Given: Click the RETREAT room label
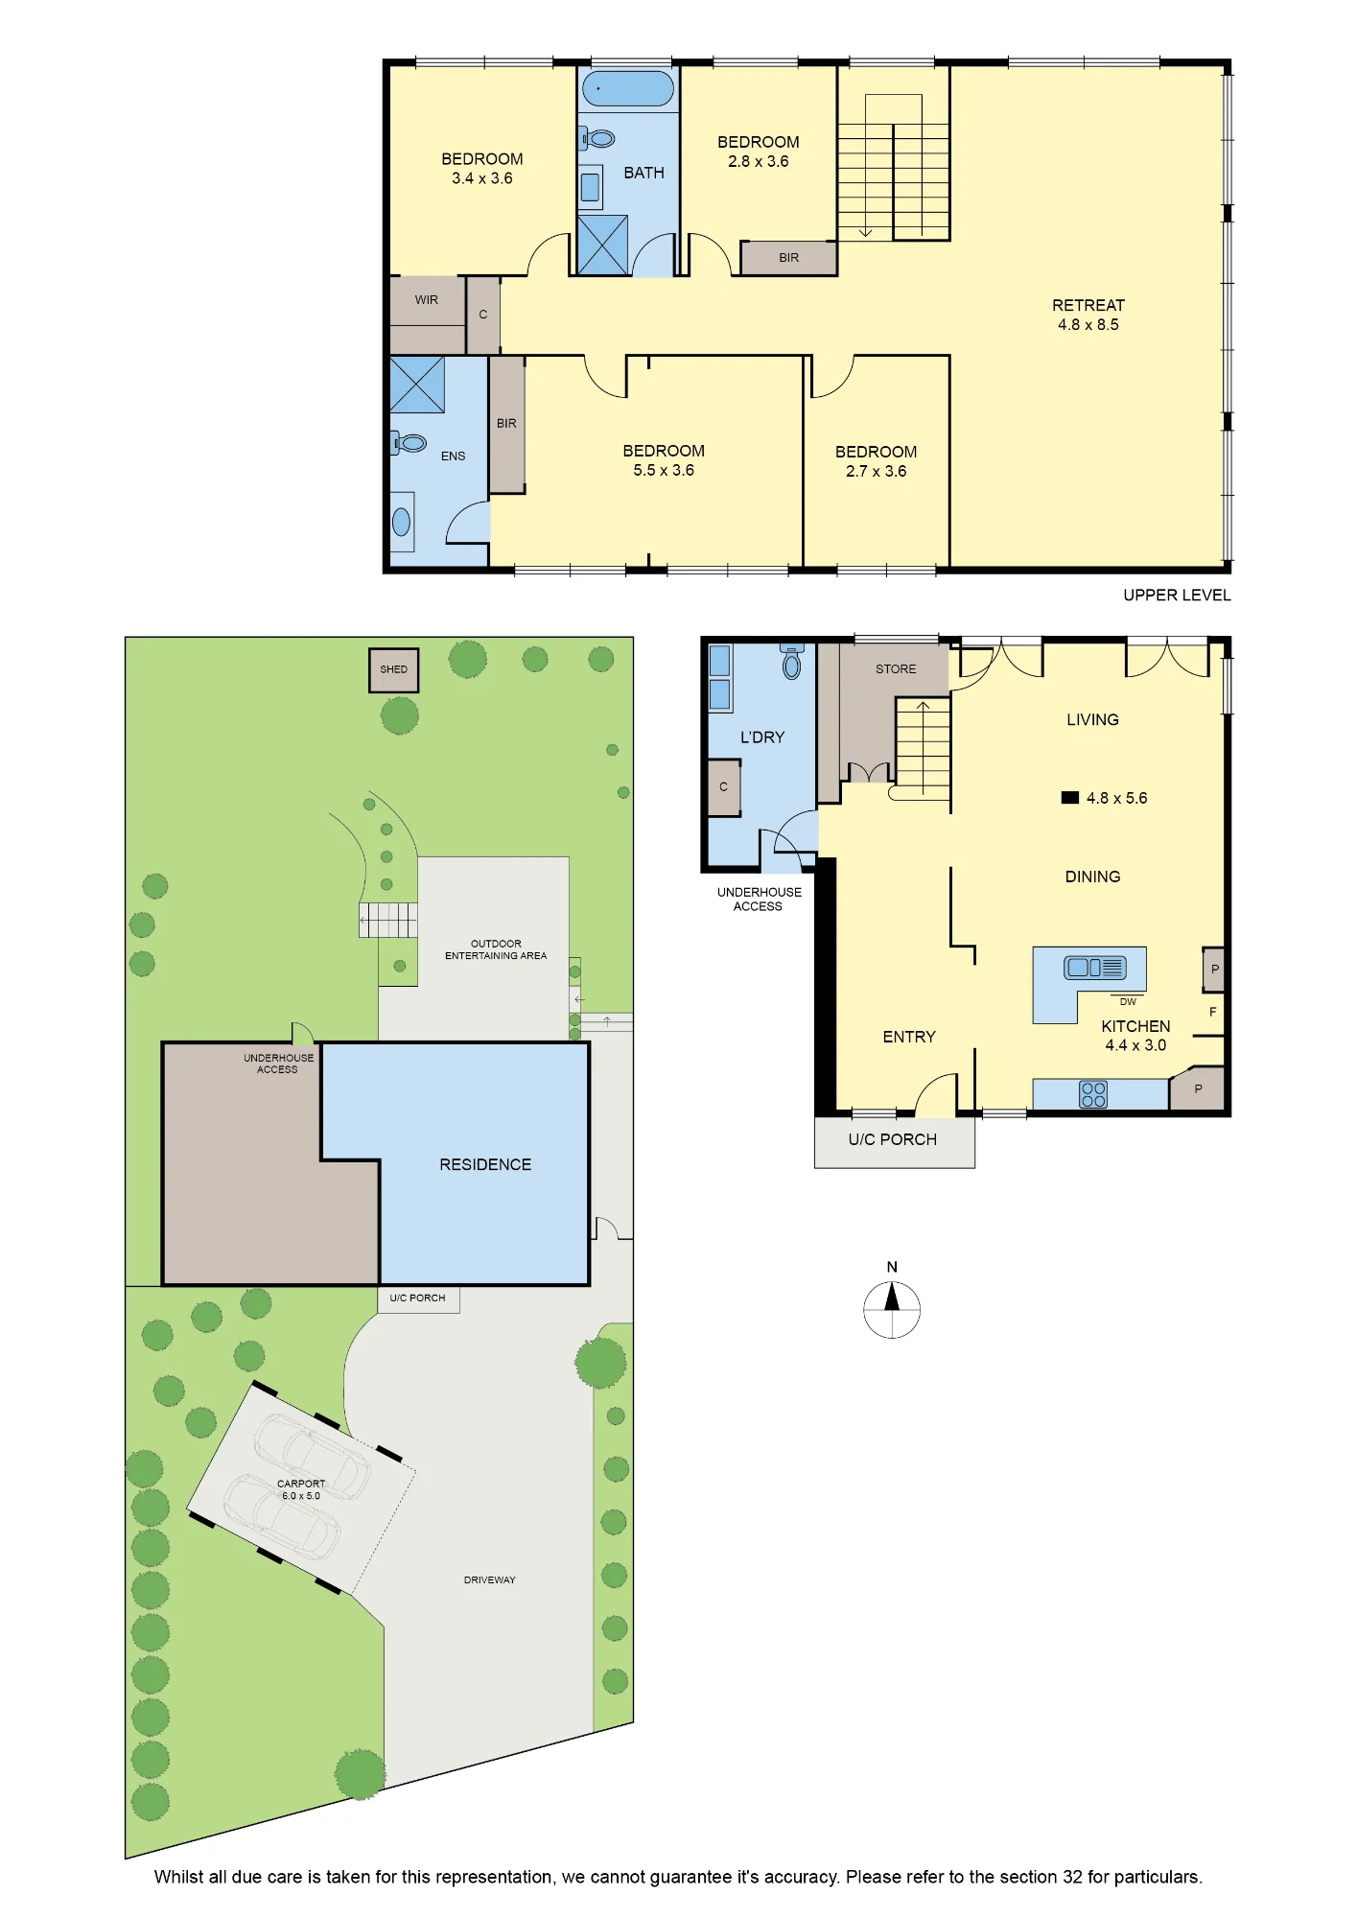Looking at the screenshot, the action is [x=1088, y=305].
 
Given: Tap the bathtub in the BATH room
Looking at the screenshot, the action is [x=628, y=89].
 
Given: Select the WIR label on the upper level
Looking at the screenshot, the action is [x=427, y=300].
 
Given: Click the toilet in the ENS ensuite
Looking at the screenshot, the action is [x=409, y=443].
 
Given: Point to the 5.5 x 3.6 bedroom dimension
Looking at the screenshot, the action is [x=664, y=470].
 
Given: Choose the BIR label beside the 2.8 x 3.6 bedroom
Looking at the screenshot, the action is [x=789, y=258].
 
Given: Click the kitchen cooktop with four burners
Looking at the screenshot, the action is [x=1093, y=1094].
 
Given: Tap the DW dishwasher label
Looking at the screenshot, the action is [x=1128, y=1001].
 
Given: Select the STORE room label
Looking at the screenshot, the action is [x=896, y=669].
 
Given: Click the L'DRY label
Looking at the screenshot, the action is [x=762, y=737].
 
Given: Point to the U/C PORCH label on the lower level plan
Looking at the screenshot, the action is [x=893, y=1139].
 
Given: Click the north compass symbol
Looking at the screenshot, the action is [x=892, y=1309].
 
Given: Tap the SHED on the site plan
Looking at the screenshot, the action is [x=394, y=669].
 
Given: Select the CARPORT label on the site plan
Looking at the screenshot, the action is [x=301, y=1484].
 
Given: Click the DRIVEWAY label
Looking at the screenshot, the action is [x=490, y=1579].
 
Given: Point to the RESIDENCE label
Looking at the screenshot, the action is [x=485, y=1164].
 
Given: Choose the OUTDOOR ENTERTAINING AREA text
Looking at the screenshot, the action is [x=496, y=949].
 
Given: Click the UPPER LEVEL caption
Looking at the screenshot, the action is [x=1177, y=596].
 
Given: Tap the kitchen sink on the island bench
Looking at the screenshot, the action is [x=1095, y=968].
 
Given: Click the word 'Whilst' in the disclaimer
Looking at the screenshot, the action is [x=179, y=1877].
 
